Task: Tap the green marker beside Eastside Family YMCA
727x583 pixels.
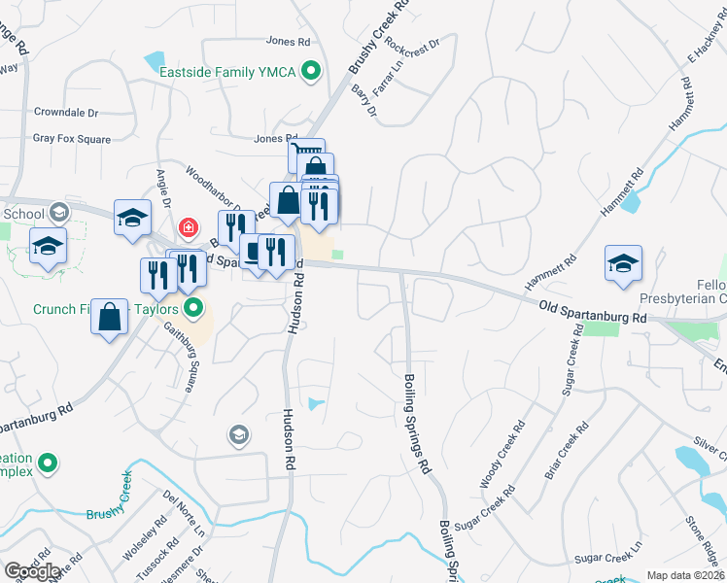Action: pyautogui.click(x=311, y=70)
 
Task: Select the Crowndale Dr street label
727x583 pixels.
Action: pyautogui.click(x=68, y=113)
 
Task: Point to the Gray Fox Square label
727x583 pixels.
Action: pyautogui.click(x=72, y=139)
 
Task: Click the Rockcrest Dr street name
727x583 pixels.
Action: pyautogui.click(x=412, y=44)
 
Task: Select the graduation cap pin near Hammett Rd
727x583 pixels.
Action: pyautogui.click(x=623, y=263)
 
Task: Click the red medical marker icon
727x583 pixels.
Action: pyautogui.click(x=189, y=226)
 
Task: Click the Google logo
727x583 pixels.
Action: pyautogui.click(x=32, y=571)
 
